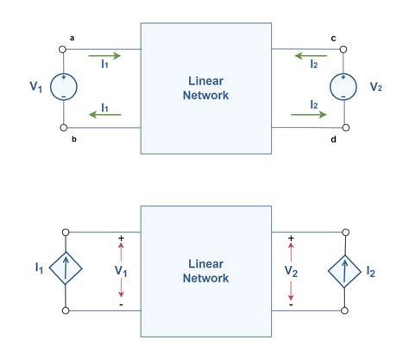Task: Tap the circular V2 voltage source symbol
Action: point(345,86)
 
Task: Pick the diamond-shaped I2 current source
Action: point(345,270)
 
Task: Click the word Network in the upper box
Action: point(204,95)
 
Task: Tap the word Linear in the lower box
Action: point(204,263)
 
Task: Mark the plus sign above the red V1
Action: point(121,238)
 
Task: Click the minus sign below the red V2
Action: point(291,304)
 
